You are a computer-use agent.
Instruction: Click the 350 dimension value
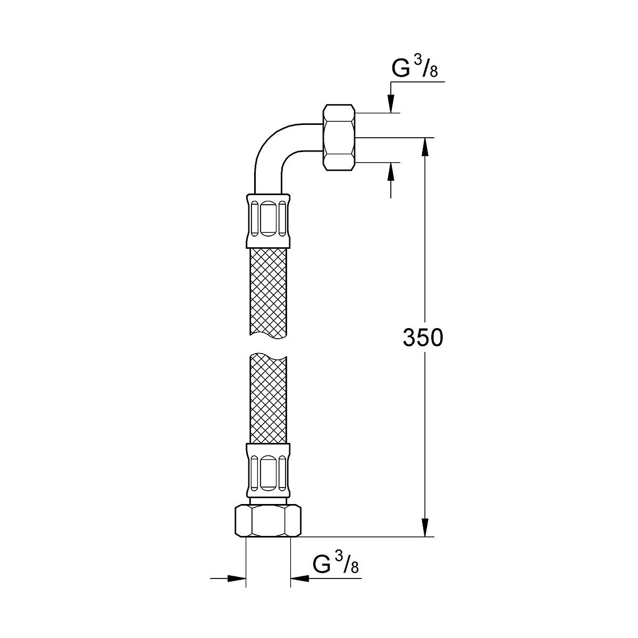pos(423,338)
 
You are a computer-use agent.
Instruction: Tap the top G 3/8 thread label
pos(415,67)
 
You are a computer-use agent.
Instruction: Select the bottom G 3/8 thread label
pos(335,563)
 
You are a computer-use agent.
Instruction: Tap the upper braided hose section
pos(268,292)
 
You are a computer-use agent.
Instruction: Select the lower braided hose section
pos(268,400)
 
